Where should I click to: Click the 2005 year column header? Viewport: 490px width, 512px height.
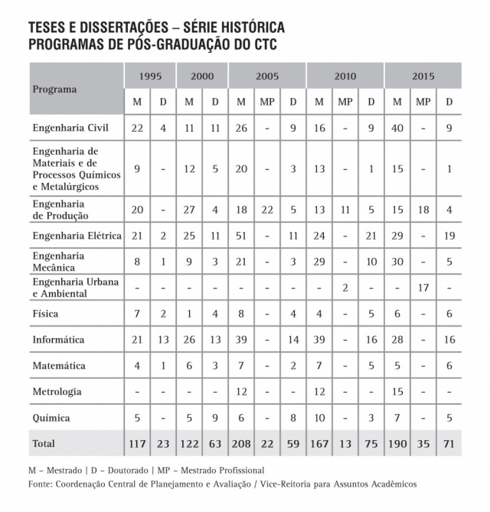[x=267, y=76]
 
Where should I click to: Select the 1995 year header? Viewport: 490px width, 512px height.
[x=150, y=76]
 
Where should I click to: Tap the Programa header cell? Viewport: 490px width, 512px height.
[x=54, y=89]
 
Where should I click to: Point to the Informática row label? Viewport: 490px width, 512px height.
[x=58, y=340]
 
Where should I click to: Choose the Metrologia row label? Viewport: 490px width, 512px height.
[x=57, y=392]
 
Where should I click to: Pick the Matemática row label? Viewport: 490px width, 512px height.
[x=59, y=366]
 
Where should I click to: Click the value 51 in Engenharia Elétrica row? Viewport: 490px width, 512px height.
[x=241, y=235]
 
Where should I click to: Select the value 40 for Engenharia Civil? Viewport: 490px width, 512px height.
[x=397, y=128]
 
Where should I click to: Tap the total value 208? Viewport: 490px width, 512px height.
[x=241, y=443]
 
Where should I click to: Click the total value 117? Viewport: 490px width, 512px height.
[x=138, y=443]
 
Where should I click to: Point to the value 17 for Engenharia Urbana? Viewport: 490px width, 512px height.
[x=423, y=287]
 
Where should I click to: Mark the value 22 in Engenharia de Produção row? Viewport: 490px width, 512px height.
[x=267, y=209]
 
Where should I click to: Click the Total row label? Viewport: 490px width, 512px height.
[x=43, y=443]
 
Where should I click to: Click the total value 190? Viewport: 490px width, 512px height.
[x=397, y=443]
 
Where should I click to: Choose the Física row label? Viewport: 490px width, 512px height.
[x=45, y=314]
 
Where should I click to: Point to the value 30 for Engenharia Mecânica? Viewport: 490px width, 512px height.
[x=397, y=261]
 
